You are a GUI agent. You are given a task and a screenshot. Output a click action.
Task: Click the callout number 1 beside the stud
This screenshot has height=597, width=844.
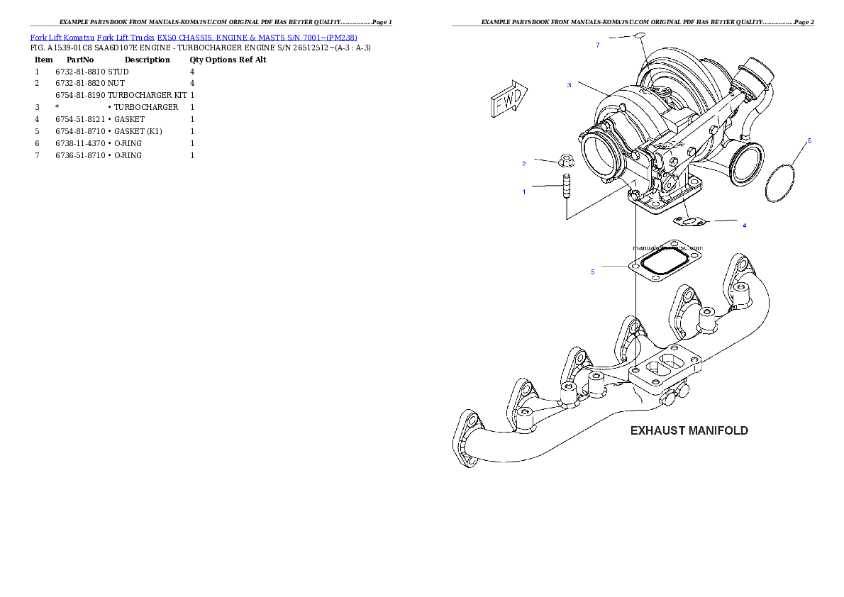coord(525,191)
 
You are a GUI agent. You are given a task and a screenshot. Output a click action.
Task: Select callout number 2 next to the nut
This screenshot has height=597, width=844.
coord(524,164)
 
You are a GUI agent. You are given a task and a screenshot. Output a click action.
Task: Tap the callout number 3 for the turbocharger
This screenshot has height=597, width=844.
coord(569,85)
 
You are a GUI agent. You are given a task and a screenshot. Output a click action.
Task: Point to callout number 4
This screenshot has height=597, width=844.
coord(744,225)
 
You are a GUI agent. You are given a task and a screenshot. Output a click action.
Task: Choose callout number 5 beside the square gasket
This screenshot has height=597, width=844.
coord(592,271)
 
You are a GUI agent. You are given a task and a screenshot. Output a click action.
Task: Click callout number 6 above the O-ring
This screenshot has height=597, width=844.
coord(809,140)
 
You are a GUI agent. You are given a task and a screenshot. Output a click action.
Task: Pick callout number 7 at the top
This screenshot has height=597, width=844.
coord(598,45)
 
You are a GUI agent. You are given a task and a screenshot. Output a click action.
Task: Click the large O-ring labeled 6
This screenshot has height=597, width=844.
coord(780,184)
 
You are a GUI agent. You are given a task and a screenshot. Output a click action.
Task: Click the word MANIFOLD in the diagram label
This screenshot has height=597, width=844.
coord(718,430)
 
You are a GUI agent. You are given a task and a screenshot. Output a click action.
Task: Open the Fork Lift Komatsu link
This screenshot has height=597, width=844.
coord(62,37)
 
